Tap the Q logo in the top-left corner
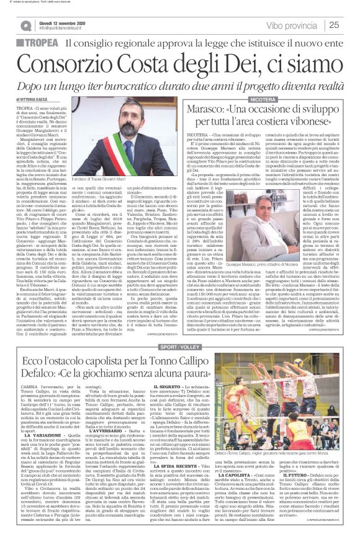tap(26, 25)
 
